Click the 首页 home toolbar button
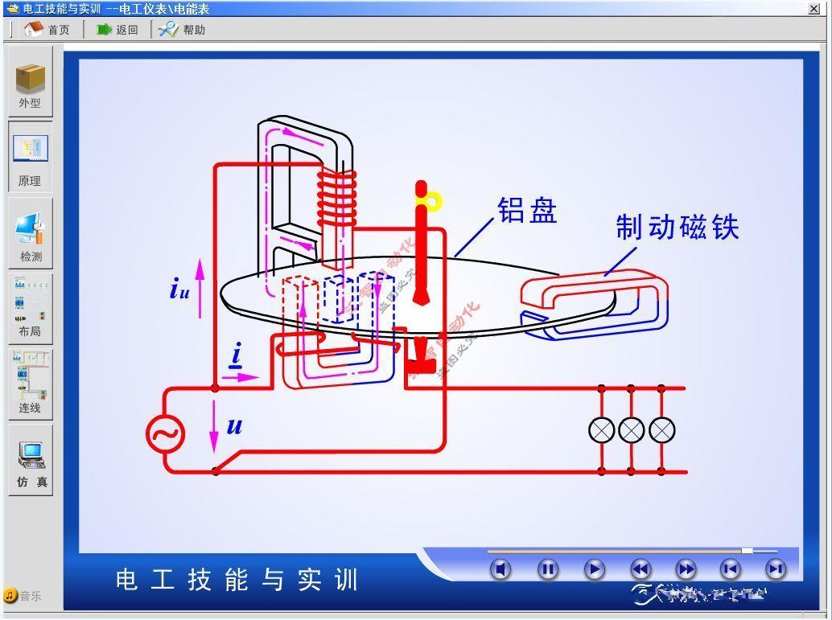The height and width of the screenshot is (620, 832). (x=47, y=30)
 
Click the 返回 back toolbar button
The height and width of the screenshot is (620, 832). (x=117, y=30)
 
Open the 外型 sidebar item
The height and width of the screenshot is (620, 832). (x=31, y=84)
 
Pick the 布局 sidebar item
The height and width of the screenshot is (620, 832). (x=31, y=310)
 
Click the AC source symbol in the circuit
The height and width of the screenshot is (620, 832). (x=165, y=435)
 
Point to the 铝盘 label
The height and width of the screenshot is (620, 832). (x=527, y=211)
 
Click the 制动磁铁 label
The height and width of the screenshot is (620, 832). (x=678, y=228)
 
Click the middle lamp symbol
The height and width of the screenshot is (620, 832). (x=631, y=430)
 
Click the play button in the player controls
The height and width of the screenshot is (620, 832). (x=595, y=569)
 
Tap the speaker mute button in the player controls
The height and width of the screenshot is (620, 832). (x=500, y=569)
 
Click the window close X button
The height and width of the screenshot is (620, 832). (x=814, y=9)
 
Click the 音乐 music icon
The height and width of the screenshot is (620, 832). (x=10, y=596)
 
